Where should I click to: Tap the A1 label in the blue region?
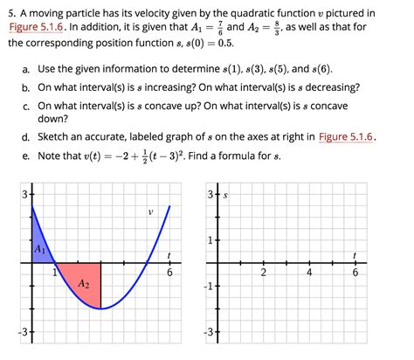pyautogui.click(x=40, y=248)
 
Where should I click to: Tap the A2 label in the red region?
pyautogui.click(x=83, y=284)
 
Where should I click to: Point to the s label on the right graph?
pyautogui.click(x=226, y=197)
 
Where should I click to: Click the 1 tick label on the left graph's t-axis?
pyautogui.click(x=53, y=273)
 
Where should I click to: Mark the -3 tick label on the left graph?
pyautogui.click(x=24, y=332)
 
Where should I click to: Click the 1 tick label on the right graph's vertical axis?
pyautogui.click(x=212, y=240)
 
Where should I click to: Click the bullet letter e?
pyautogui.click(x=27, y=156)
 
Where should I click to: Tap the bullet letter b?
pyautogui.click(x=27, y=87)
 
